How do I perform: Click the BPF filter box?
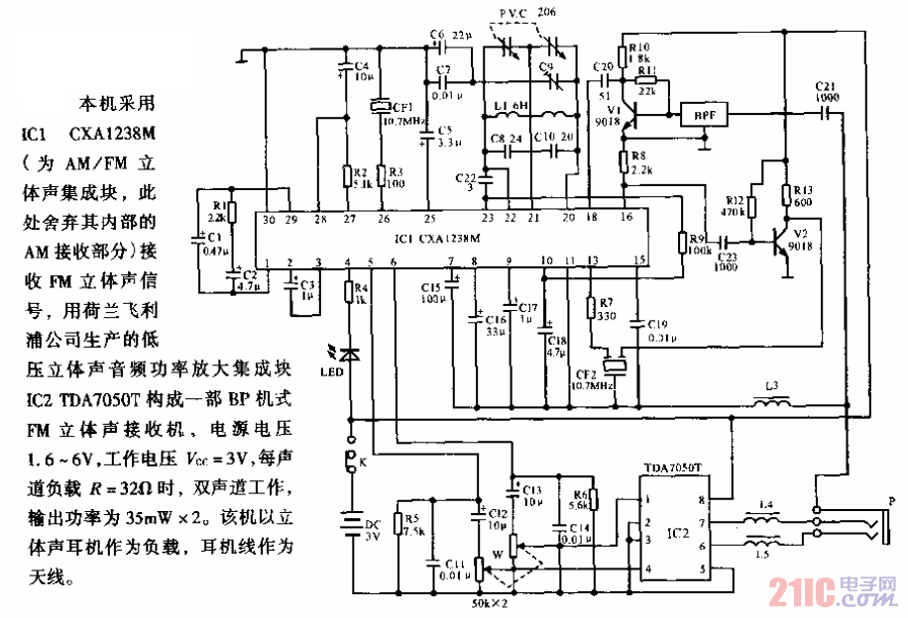703,116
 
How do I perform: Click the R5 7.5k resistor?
397,524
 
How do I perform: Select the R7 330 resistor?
591,310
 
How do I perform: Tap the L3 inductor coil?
774,403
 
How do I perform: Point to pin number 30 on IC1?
268,218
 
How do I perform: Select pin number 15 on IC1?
639,259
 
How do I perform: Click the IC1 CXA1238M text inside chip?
436,239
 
